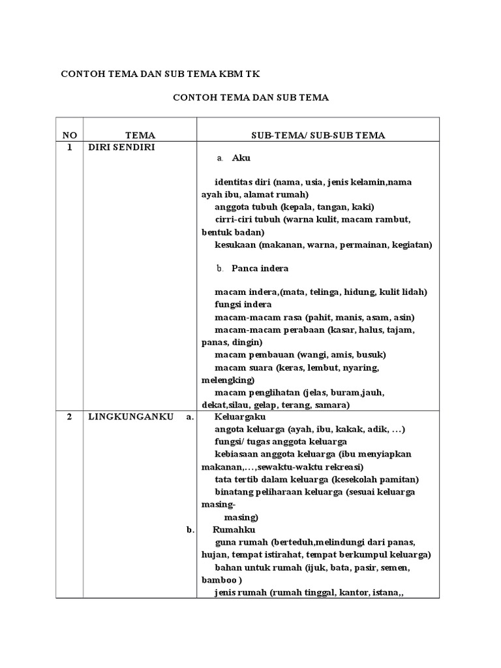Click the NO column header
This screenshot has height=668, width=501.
(x=70, y=135)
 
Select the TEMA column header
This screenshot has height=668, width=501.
(x=140, y=135)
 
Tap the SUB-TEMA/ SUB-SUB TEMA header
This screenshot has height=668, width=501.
(x=318, y=135)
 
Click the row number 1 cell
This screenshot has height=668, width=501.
(x=70, y=147)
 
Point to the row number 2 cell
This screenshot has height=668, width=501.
(x=70, y=417)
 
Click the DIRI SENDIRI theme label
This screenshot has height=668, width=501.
(x=121, y=147)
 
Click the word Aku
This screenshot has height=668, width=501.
(x=241, y=158)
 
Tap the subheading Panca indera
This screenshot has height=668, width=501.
(x=260, y=268)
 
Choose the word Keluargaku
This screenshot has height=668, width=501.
(x=241, y=417)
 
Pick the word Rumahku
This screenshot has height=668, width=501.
(x=234, y=530)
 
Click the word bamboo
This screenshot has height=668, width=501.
(x=220, y=580)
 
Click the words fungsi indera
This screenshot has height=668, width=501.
(x=243, y=305)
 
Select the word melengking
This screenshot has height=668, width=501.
(x=227, y=380)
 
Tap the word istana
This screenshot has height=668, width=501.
(x=389, y=592)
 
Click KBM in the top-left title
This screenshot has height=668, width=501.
(x=235, y=73)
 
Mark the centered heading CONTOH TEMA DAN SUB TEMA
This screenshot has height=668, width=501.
(x=250, y=98)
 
